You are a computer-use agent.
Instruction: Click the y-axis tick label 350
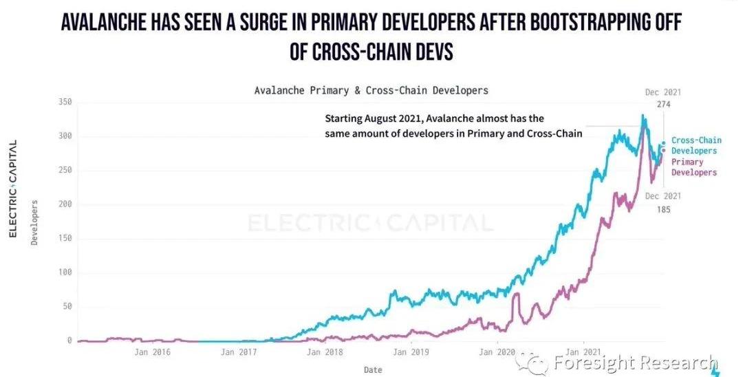(64, 102)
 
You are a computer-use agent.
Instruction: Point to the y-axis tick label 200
(64, 204)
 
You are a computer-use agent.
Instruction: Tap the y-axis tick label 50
(66, 307)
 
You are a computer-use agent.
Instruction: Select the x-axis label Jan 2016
(152, 352)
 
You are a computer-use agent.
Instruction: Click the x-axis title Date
(373, 369)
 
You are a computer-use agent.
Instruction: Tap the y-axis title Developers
(34, 222)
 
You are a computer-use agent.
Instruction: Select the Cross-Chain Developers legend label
(696, 145)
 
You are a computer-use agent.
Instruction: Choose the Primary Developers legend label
(694, 167)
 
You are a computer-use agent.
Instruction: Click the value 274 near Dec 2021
(663, 104)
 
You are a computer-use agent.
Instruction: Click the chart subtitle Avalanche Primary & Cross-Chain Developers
(371, 90)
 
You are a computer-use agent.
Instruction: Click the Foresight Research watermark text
(636, 363)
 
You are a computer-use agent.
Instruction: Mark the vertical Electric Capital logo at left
(12, 188)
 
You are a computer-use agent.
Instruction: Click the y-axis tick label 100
(64, 272)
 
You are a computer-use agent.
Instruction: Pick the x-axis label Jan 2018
(325, 352)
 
